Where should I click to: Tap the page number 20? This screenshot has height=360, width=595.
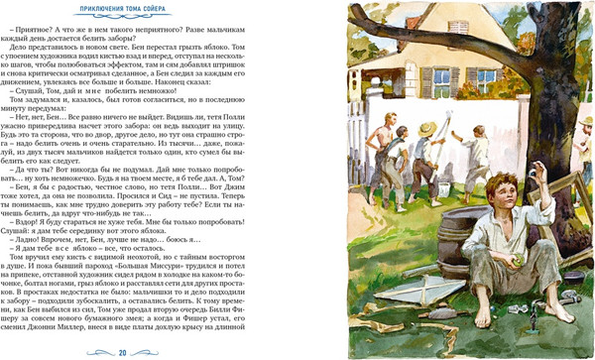coord(122,350)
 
